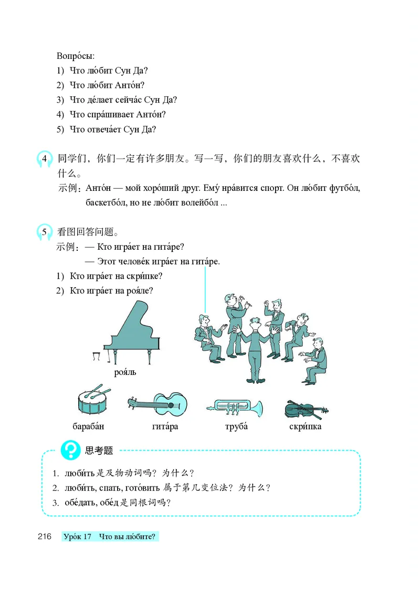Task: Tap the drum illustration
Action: (94, 401)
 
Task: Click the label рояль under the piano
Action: (125, 372)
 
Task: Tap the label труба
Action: (236, 426)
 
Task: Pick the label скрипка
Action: (305, 426)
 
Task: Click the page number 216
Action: (44, 536)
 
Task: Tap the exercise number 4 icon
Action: (45, 159)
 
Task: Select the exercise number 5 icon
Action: (45, 232)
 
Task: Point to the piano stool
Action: (96, 357)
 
